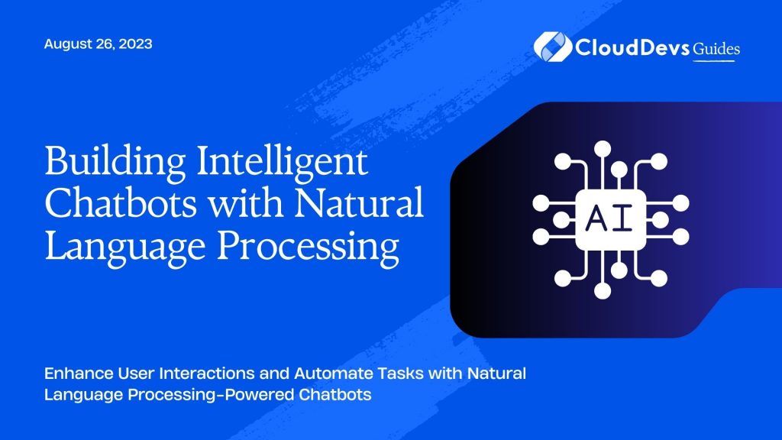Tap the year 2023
(135, 44)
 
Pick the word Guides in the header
(716, 48)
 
